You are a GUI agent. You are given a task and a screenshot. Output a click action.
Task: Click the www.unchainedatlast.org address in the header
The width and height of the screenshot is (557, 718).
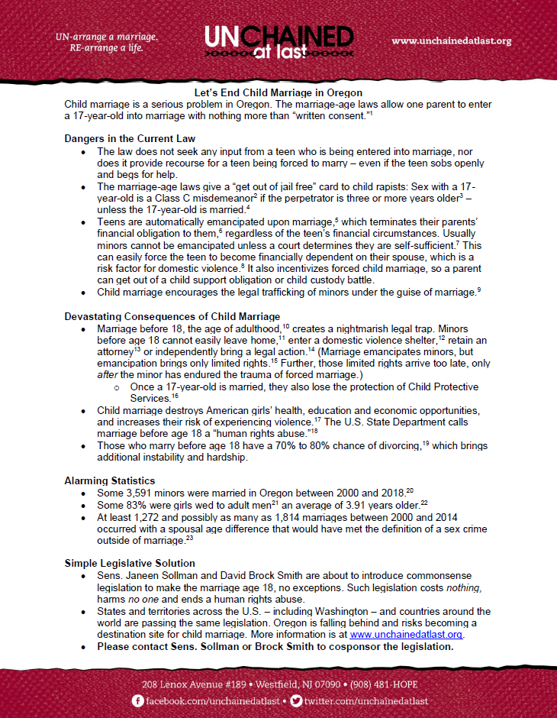[451, 40]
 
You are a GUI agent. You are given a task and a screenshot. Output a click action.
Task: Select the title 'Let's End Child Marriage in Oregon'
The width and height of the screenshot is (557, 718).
[278, 92]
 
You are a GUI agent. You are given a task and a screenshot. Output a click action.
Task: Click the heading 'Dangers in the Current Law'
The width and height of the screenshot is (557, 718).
[130, 138]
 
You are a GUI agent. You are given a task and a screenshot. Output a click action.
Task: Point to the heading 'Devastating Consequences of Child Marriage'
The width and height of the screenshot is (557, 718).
[172, 316]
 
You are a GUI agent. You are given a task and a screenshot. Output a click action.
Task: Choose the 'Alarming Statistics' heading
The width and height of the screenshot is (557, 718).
[111, 480]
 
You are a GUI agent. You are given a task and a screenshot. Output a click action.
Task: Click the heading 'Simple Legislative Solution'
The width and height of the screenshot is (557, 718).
[130, 563]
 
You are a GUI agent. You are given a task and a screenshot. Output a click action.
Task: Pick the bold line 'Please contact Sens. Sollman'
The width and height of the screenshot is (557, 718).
[275, 646]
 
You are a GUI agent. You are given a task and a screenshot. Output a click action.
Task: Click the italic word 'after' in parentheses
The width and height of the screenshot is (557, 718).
[106, 375]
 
